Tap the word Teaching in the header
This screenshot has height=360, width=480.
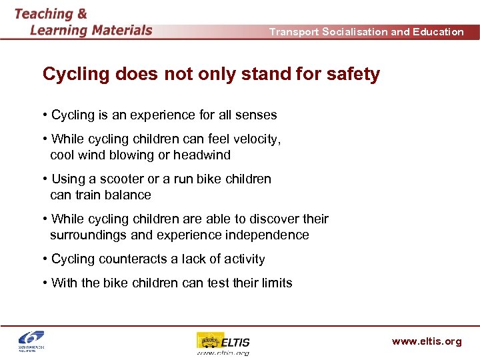[x=43, y=13]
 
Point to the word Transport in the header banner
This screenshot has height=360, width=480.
[x=294, y=32]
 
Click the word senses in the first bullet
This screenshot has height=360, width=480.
[x=256, y=115]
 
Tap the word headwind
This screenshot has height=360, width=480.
[x=202, y=155]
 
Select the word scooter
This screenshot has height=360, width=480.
[x=122, y=179]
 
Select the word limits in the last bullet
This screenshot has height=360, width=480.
[x=275, y=283]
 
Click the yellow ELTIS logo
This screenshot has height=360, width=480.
[x=223, y=342]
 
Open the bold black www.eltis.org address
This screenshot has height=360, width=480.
[x=426, y=341]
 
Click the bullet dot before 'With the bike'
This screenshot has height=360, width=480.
[x=44, y=283]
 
